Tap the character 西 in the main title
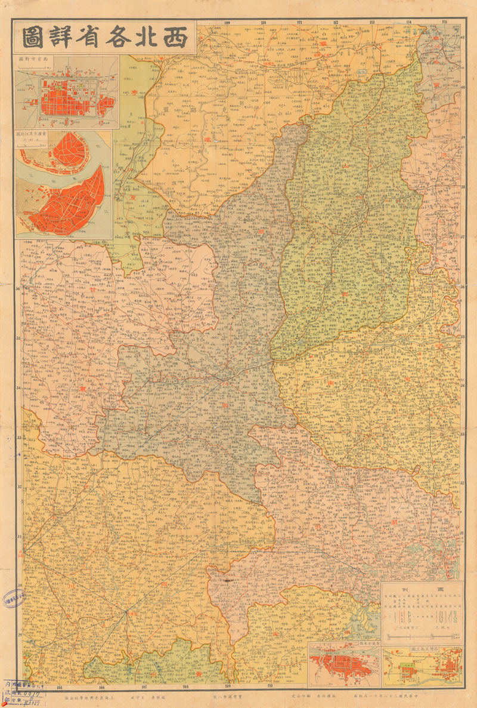click(x=172, y=37)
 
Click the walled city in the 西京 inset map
click(x=69, y=97)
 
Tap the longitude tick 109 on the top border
click(x=227, y=23)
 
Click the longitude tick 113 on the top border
click(x=372, y=23)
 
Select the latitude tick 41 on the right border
click(x=462, y=38)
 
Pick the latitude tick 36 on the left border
click(x=18, y=290)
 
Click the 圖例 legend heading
click(x=422, y=588)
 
